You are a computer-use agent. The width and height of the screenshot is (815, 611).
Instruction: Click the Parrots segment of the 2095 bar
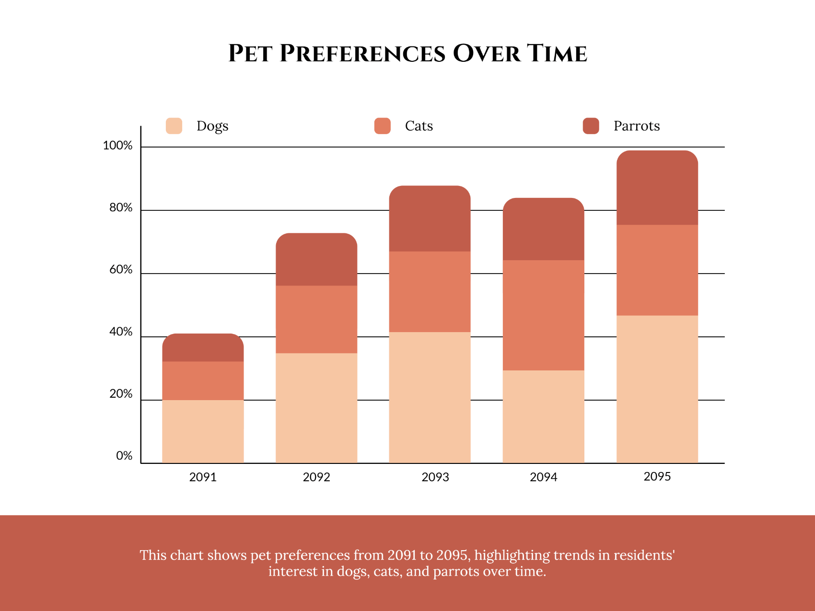point(657,188)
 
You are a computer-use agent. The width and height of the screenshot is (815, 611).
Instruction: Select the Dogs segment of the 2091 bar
point(203,431)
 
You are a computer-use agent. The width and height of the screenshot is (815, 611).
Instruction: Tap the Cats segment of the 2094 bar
point(543,315)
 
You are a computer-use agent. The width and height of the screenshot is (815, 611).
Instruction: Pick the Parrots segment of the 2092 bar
point(316,259)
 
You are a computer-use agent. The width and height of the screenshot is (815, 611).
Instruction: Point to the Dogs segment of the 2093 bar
point(430,397)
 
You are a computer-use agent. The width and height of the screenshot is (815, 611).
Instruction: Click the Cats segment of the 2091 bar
point(203,380)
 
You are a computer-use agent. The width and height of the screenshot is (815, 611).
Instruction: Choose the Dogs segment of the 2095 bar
point(657,389)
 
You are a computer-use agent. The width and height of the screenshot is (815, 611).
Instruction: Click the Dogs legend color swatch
point(174,126)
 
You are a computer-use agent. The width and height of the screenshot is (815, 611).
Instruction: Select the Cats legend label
point(419,126)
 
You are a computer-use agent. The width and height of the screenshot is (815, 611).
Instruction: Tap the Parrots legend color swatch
point(591,126)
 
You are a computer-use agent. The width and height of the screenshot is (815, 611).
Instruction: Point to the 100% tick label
point(117,146)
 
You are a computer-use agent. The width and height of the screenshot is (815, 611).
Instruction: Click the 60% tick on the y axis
point(121,270)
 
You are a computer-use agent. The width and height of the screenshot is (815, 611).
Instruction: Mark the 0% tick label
point(124,456)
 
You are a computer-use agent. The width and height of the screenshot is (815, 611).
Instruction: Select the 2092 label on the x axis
point(316,477)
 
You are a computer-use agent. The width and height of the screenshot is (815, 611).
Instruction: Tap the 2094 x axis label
point(543,477)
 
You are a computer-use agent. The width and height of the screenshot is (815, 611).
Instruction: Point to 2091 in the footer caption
point(402,555)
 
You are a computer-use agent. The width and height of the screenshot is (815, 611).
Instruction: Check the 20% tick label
point(121,394)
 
